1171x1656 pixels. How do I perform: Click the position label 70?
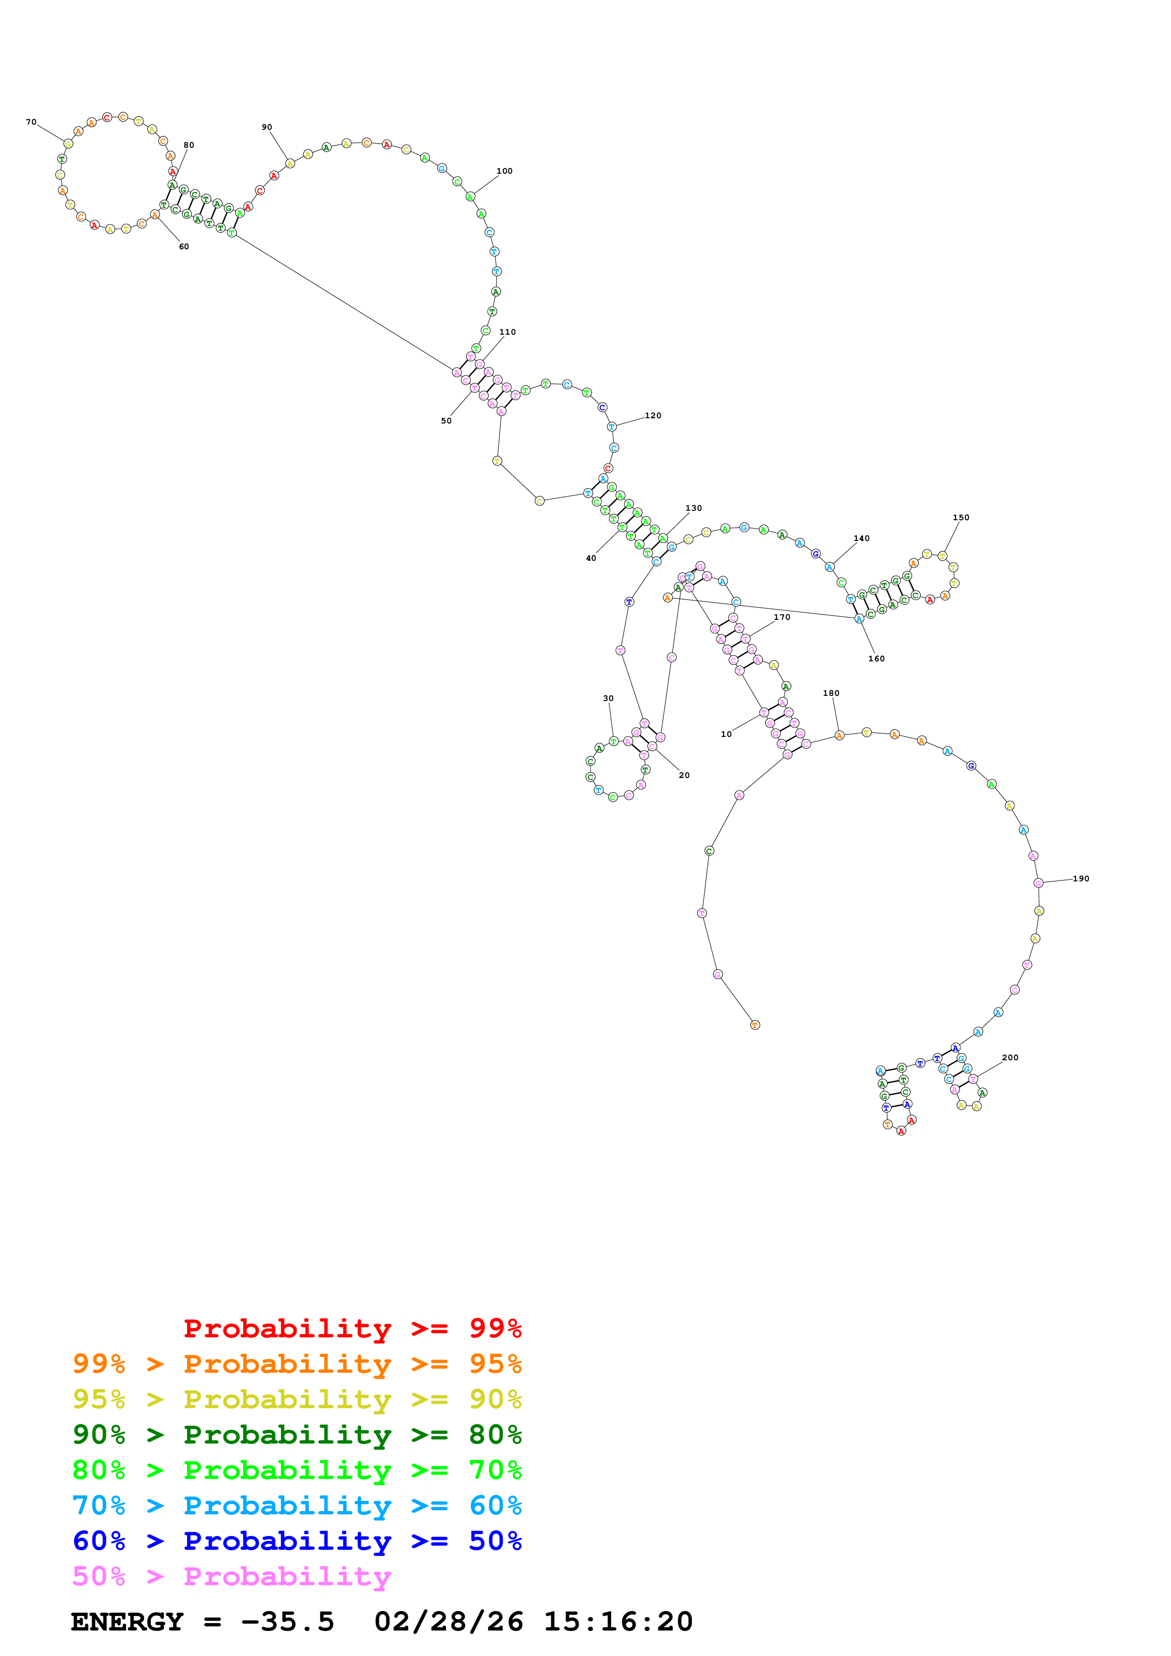(31, 122)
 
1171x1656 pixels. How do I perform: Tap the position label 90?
(267, 127)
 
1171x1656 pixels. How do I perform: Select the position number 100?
(504, 171)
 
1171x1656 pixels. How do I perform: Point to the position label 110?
(507, 332)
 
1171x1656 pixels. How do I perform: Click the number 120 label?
(653, 415)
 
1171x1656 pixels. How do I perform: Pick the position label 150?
(961, 517)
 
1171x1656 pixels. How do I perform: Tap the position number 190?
(1081, 879)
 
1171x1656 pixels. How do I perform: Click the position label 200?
(1010, 1057)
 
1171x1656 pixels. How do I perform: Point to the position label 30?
(608, 698)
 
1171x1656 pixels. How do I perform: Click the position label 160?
(877, 659)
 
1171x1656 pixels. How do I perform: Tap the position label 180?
(831, 693)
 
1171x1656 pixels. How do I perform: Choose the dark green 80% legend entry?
(297, 1435)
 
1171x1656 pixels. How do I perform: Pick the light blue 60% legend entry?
(297, 1505)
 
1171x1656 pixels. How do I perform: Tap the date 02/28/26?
(449, 1622)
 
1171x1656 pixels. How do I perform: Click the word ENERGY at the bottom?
(127, 1622)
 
